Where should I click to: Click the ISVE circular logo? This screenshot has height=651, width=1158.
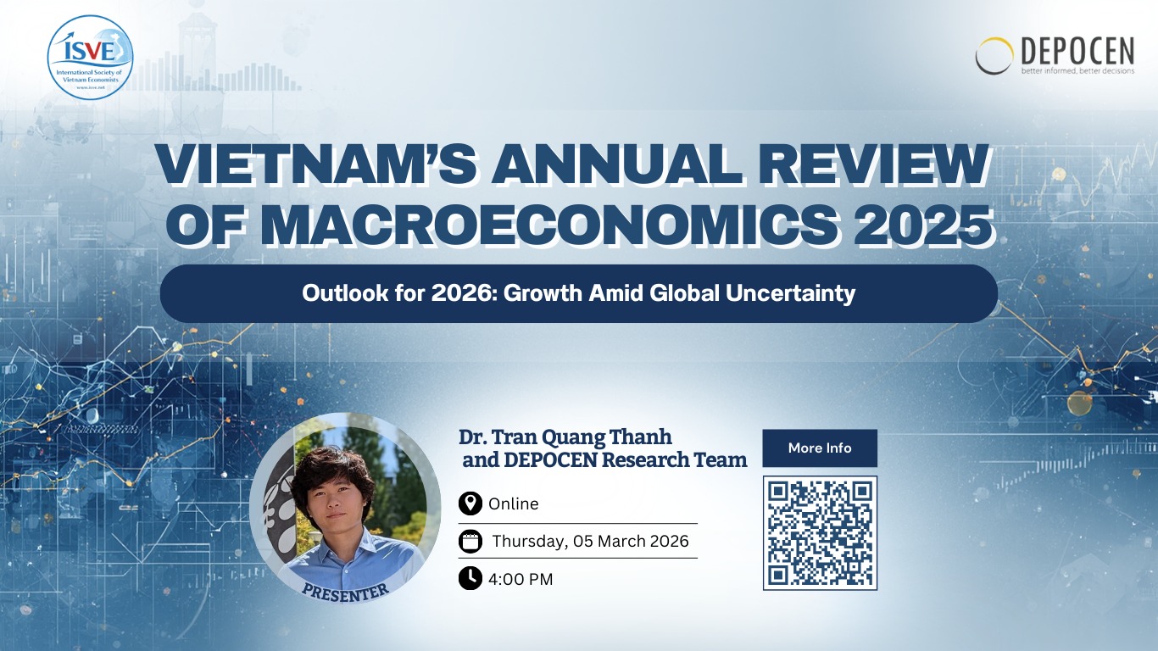coord(90,57)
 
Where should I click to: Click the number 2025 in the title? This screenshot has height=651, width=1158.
coord(923,225)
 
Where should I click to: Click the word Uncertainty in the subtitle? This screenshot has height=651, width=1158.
coord(790,293)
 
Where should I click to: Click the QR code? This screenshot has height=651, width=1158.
coord(820,532)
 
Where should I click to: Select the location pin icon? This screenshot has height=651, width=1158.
coord(470,504)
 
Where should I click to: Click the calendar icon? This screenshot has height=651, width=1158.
coord(470,542)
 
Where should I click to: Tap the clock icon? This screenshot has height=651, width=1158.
coord(470,578)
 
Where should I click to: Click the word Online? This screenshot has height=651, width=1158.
coord(514,504)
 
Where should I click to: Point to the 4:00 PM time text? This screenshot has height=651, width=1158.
coord(521,579)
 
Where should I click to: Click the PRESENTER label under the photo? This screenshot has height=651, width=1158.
coord(345,593)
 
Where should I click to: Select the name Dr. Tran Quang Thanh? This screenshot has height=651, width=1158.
coord(565,437)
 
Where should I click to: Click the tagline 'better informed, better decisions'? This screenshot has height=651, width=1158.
coord(1077,71)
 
